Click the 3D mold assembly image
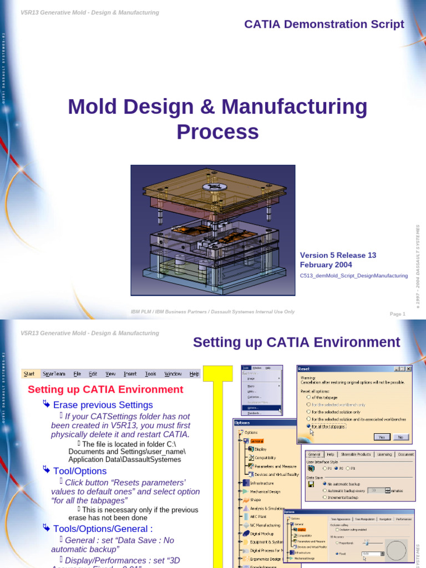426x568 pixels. tap(213, 230)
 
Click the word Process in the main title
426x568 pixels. tap(217, 132)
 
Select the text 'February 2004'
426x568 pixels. tap(326, 265)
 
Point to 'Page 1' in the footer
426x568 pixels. tap(397, 314)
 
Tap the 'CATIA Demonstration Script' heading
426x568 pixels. tap(324, 24)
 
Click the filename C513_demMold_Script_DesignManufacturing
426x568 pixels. tap(354, 275)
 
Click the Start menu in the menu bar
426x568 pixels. tap(29, 374)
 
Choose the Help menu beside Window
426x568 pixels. tap(194, 374)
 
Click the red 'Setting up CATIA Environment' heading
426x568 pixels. tap(105, 389)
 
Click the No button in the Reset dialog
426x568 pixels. tap(399, 437)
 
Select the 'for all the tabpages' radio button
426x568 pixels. tap(308, 426)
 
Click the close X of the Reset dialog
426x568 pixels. tap(409, 368)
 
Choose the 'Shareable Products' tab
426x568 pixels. tap(356, 454)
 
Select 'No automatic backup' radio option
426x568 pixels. tap(325, 484)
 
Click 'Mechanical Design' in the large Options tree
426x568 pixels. tap(266, 491)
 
